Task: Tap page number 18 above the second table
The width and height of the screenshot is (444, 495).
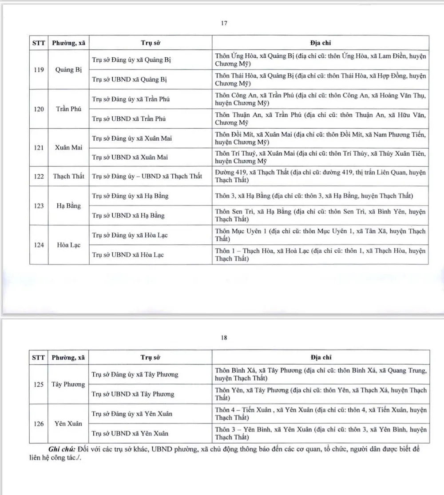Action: coord(224,338)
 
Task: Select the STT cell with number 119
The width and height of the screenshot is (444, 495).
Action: coord(39,70)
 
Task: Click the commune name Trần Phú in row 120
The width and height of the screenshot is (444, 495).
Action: coord(69,109)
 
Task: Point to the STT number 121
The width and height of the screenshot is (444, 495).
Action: coord(39,147)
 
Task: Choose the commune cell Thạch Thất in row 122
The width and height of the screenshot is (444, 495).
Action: coord(68,176)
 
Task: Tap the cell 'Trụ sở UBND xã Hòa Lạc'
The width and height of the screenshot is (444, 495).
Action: coord(128,255)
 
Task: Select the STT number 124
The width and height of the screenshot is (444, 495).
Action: coord(39,245)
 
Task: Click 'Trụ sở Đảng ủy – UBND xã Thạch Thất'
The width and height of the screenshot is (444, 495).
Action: coord(147,176)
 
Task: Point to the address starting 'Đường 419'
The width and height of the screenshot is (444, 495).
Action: coord(320,176)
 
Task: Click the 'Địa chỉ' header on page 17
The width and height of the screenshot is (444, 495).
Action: coord(320,43)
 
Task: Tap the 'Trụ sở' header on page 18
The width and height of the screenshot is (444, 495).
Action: coord(150,357)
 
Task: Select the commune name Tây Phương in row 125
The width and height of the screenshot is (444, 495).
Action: coord(68,384)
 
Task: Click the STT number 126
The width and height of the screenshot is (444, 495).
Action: coord(39,424)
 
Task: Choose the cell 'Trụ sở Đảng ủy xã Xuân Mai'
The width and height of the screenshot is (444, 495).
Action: coord(131,138)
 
